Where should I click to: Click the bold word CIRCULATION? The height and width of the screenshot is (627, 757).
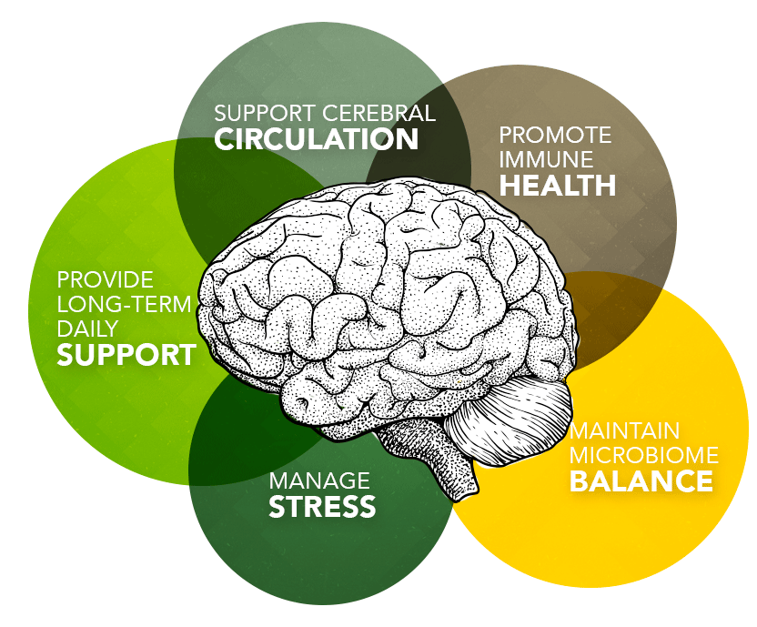click(316, 139)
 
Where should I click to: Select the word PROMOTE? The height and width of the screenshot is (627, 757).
click(555, 136)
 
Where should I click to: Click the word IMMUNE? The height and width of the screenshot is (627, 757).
click(546, 160)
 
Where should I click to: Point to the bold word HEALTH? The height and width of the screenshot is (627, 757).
click(558, 186)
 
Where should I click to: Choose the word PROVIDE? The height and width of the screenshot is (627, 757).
click(105, 279)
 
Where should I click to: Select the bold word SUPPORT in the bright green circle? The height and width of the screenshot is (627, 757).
click(126, 354)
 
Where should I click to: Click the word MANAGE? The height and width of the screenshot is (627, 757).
click(319, 480)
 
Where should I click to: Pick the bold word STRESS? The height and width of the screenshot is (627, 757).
click(322, 506)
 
